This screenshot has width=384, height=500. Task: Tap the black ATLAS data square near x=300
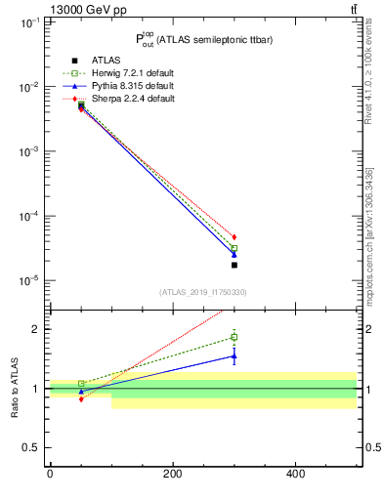[235, 265]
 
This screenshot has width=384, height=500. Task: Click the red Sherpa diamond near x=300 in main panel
[235, 237]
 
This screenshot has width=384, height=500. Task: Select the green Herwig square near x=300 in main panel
[235, 248]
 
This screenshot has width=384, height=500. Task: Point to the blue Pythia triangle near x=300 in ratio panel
[235, 355]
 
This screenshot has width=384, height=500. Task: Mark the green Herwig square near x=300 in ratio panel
[235, 337]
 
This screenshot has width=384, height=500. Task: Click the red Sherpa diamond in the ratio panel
[53, 398]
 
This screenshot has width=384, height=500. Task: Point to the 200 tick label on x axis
[173, 474]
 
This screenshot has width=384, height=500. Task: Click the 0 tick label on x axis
[50, 474]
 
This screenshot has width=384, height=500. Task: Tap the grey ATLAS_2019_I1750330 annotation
[203, 292]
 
